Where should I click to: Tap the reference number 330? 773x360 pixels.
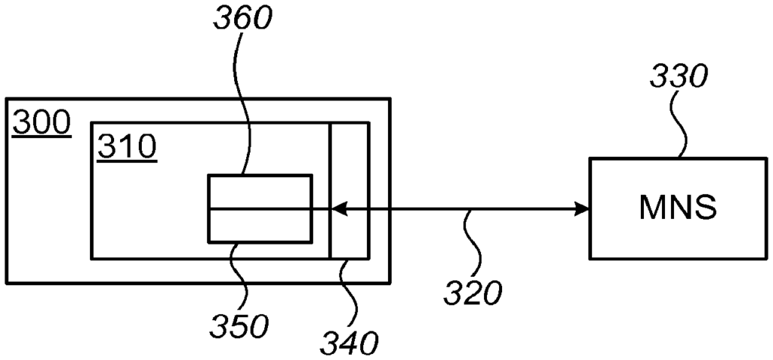(679, 76)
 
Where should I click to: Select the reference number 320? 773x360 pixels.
(473, 294)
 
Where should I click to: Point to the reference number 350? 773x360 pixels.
(239, 326)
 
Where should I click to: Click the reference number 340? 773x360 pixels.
(349, 343)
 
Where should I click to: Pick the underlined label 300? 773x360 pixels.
(42, 124)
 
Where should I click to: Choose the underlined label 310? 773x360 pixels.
(127, 148)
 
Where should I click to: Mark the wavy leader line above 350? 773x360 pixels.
(242, 276)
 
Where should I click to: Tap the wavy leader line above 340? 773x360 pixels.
(351, 294)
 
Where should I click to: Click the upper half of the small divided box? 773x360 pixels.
(260, 192)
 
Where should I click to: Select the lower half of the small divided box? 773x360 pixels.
(260, 226)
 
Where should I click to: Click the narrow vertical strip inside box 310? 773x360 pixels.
(349, 190)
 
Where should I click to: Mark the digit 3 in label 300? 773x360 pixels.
(22, 124)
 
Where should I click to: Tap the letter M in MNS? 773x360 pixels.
(652, 208)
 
